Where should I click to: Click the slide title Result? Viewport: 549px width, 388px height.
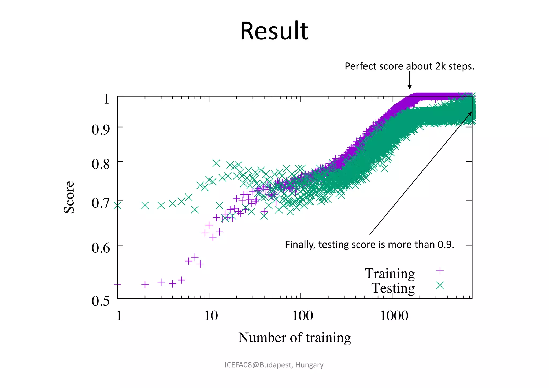[274, 31]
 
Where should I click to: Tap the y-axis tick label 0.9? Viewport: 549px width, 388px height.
[101, 129]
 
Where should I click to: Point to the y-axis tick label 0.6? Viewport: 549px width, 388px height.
[101, 248]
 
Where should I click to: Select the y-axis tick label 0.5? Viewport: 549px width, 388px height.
[101, 301]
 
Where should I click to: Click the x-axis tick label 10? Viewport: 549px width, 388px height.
[211, 316]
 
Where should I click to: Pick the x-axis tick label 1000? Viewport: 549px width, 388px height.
[394, 316]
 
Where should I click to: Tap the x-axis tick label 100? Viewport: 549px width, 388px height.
[302, 316]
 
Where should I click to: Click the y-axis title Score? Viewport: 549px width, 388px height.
[69, 197]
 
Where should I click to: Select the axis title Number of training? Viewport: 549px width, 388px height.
[294, 337]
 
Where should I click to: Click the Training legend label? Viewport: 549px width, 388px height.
[390, 273]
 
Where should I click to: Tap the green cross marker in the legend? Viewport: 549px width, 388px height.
[440, 285]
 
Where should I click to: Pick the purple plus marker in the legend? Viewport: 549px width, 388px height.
[440, 271]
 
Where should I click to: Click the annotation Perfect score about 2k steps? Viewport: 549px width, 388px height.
[409, 66]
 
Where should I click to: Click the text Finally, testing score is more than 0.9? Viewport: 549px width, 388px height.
[369, 245]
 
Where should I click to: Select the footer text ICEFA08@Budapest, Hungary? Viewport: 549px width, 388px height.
[274, 365]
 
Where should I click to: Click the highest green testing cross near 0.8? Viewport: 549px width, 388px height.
[216, 163]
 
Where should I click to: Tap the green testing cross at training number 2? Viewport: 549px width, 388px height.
[145, 206]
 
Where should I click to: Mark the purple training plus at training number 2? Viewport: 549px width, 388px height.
[145, 284]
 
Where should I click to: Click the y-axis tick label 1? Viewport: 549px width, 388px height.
[106, 99]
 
